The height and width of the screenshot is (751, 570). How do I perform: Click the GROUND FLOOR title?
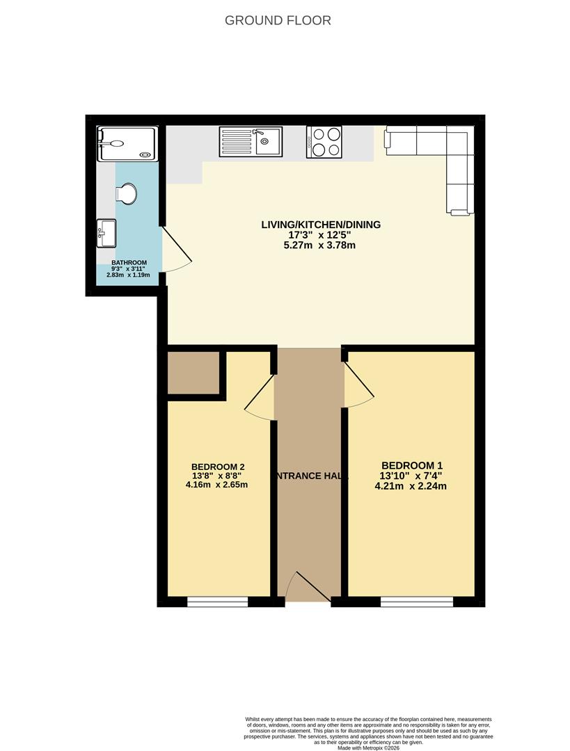pos(278,20)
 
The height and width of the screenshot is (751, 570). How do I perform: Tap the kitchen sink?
pos(251,141)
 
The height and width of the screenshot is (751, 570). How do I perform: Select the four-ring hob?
pos(324,141)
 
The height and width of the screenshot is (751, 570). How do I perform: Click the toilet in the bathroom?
pos(127,194)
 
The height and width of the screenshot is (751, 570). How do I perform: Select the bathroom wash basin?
pos(106,232)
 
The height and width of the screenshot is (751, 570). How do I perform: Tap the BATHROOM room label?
pos(129,263)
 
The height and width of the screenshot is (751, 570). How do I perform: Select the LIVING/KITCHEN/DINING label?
pos(321,225)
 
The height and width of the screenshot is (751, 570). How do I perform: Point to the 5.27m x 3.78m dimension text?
pos(321,245)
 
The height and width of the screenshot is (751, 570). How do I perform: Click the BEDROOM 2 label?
pos(218,467)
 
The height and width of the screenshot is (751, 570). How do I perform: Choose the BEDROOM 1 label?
pos(412,466)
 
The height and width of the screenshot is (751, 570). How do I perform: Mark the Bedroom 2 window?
pos(218,601)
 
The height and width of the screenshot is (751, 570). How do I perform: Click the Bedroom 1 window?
pos(416,601)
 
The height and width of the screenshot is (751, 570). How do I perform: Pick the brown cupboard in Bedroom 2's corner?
pos(193,373)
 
